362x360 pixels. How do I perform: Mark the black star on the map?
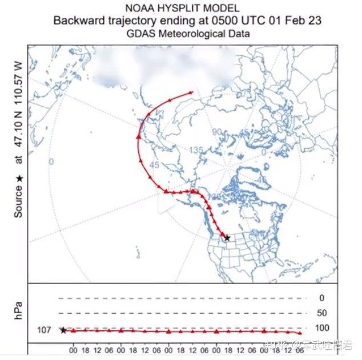tap(227, 237)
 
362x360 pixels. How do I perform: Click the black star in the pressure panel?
tap(63, 330)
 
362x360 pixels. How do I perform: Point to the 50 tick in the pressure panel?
tap(322, 313)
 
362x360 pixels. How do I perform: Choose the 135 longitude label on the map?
tap(196, 150)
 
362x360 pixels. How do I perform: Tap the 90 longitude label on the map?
tap(216, 132)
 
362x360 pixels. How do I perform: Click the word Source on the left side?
tap(18, 203)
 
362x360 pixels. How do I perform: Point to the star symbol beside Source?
tap(18, 179)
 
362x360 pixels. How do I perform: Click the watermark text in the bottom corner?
tap(317, 345)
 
